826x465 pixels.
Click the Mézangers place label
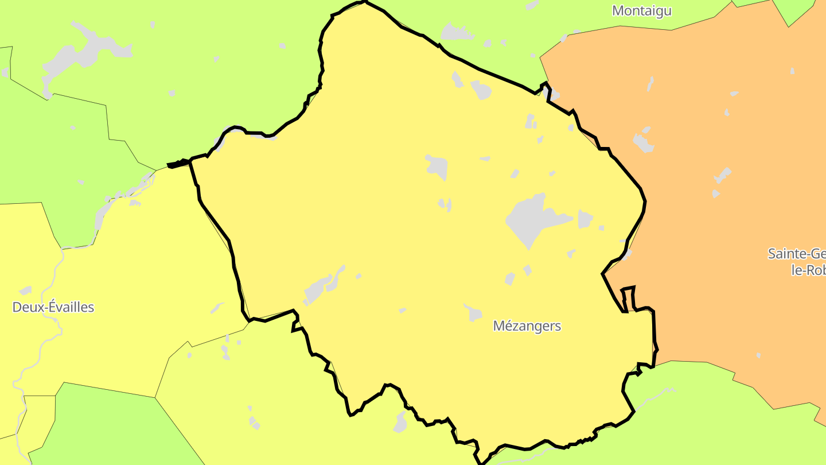[x=527, y=326]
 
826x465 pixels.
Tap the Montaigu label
[x=642, y=11]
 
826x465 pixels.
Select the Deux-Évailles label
[x=53, y=307]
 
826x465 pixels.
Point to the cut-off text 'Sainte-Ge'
[x=796, y=254]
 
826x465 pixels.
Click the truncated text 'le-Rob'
[x=808, y=270]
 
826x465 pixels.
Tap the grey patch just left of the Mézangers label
[x=473, y=313]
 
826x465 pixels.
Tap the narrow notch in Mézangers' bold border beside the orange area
[x=628, y=299]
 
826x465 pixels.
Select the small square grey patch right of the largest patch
[x=585, y=219]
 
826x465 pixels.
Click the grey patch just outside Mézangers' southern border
[x=400, y=423]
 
